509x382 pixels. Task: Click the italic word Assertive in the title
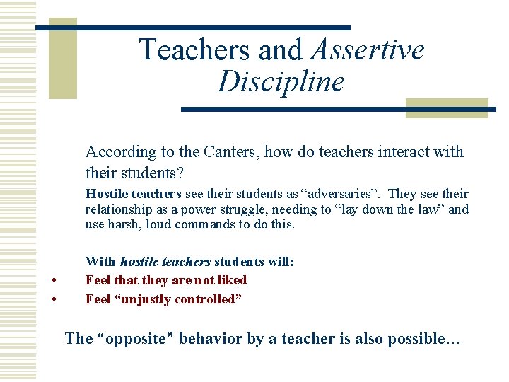368,50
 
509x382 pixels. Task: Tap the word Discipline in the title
281,81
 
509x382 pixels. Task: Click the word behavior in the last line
211,339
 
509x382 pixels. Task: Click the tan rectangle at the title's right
447,108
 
